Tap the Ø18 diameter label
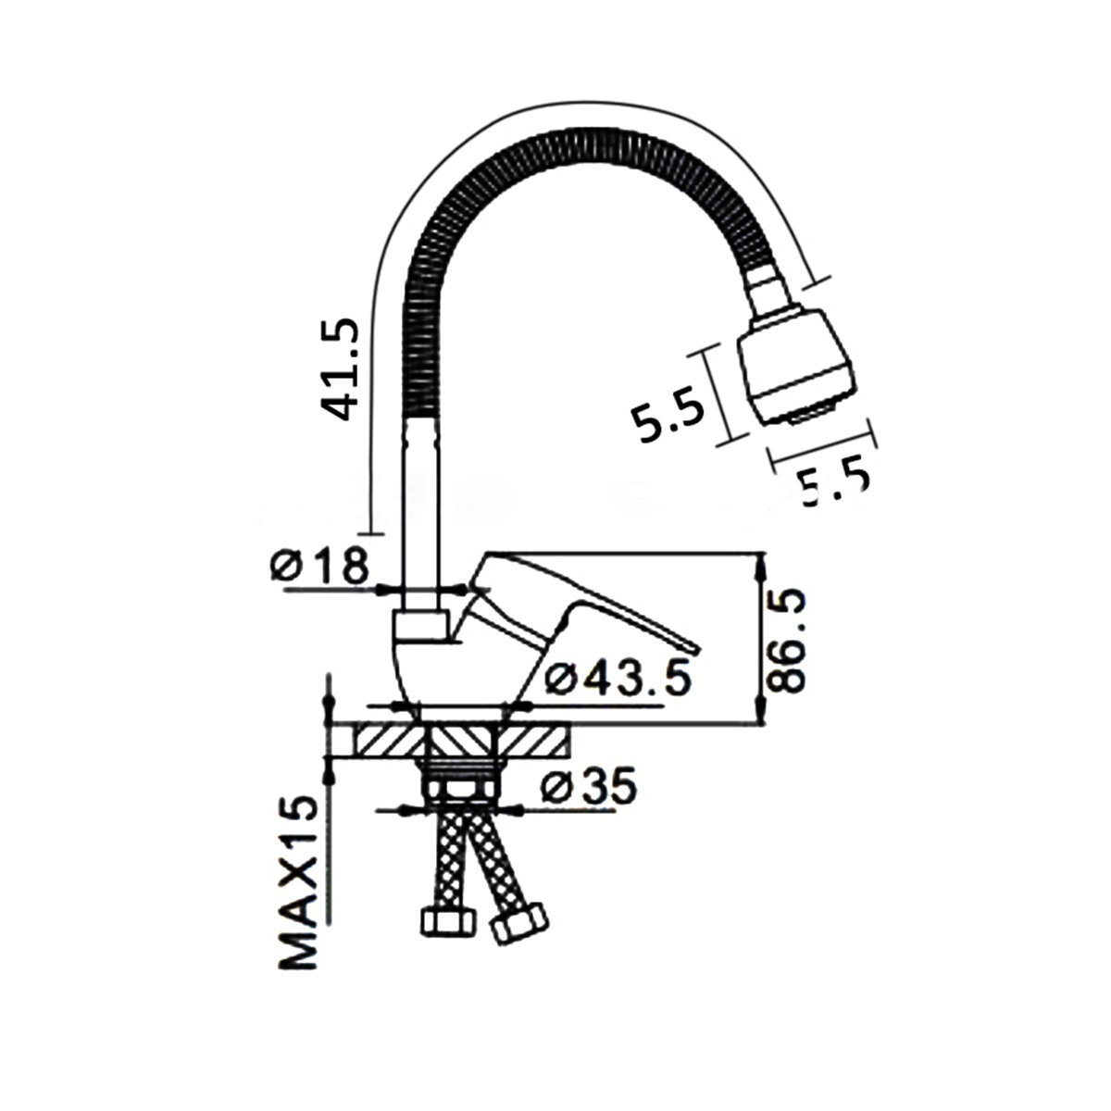[320, 567]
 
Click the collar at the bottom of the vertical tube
[421, 625]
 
